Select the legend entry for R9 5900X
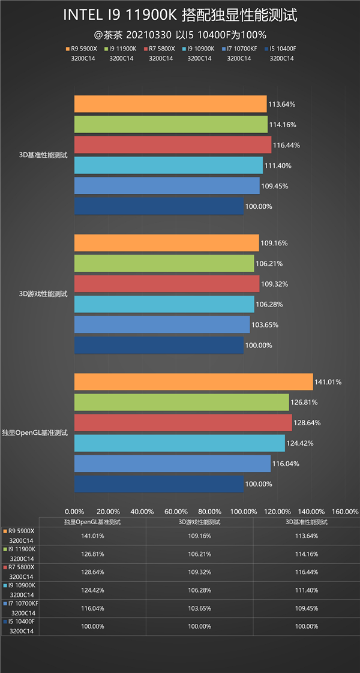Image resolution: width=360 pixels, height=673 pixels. pyautogui.click(x=83, y=49)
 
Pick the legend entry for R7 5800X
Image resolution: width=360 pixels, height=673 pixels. pyautogui.click(x=160, y=49)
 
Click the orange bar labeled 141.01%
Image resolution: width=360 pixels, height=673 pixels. pyautogui.click(x=193, y=382)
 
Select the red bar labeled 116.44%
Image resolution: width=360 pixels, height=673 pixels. pyautogui.click(x=173, y=145)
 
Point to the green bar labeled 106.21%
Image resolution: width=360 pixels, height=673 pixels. pyautogui.click(x=164, y=263)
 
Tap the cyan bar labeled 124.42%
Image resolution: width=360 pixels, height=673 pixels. pyautogui.click(x=179, y=443)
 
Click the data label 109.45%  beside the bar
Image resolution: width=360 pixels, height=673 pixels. pyautogui.click(x=274, y=186)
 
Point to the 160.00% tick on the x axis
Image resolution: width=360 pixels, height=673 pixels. pyautogui.click(x=345, y=511)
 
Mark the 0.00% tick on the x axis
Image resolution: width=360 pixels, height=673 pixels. pyautogui.click(x=74, y=511)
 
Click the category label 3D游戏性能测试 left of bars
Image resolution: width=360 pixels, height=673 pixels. pyautogui.click(x=43, y=294)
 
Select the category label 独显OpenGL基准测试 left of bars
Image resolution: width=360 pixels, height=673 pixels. pyautogui.click(x=35, y=432)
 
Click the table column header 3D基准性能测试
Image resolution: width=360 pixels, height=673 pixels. pyautogui.click(x=306, y=522)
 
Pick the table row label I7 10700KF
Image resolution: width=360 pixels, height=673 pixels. pyautogui.click(x=23, y=603)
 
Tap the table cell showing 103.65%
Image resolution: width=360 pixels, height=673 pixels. pyautogui.click(x=199, y=608)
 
